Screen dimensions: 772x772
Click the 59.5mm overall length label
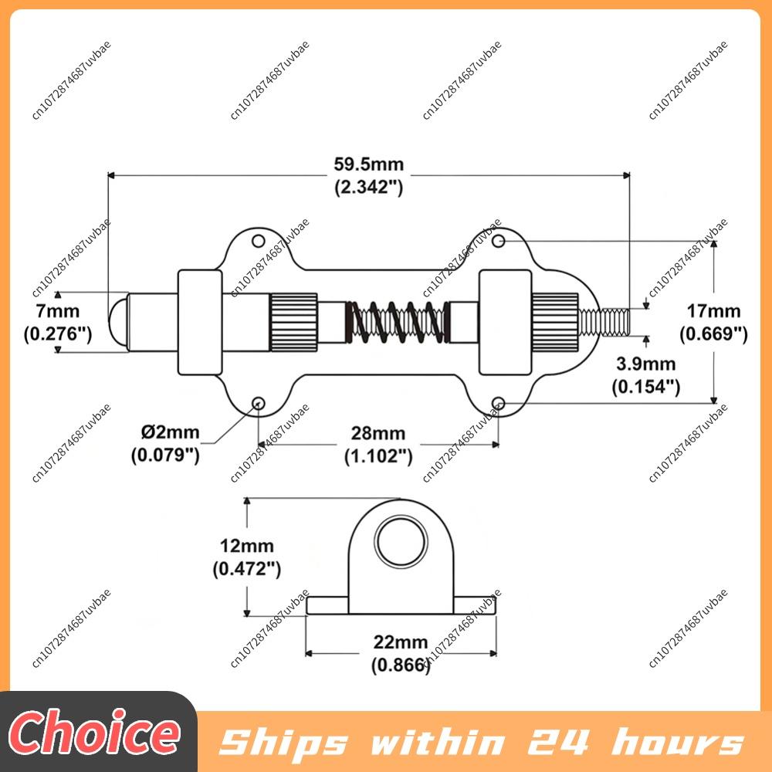369,164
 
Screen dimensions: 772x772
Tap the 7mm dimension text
58,311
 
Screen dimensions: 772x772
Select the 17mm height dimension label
713,311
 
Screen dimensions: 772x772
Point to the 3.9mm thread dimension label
646,364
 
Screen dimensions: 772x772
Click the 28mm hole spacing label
378,433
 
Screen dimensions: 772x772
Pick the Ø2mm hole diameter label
171,432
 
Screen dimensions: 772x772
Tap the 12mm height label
247,546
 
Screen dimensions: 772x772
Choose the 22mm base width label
400,642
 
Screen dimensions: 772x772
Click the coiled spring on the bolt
398,322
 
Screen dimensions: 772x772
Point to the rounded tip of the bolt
117,322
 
